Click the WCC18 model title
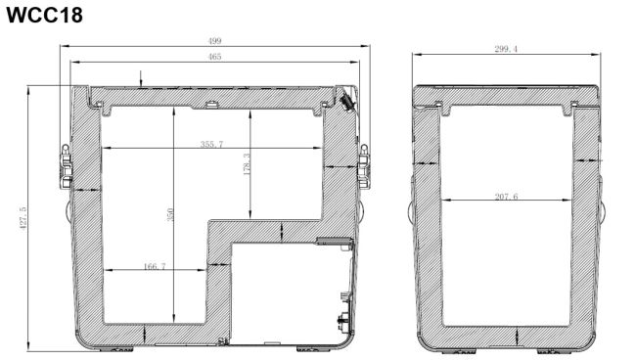[x=44, y=16]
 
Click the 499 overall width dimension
[x=214, y=41]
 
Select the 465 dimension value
[x=214, y=57]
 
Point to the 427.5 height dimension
[x=23, y=219]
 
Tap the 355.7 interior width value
[x=211, y=144]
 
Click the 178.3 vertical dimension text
[x=247, y=163]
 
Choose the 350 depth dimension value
[x=170, y=214]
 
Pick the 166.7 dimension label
[x=155, y=266]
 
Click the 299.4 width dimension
[x=506, y=49]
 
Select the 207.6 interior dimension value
[x=506, y=197]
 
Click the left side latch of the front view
[x=66, y=166]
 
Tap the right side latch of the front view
[x=364, y=166]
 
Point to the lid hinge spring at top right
[x=347, y=101]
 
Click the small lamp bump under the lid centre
[x=211, y=105]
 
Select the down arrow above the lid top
[x=141, y=79]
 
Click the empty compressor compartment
[x=284, y=292]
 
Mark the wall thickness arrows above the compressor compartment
[x=282, y=232]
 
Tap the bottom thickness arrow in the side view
[x=518, y=336]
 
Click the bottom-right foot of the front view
[x=312, y=349]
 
